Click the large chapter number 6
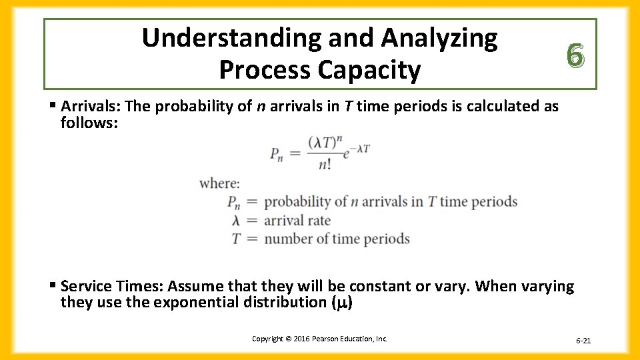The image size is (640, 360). [x=575, y=54]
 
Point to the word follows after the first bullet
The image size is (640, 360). [x=87, y=123]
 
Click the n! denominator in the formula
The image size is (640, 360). [x=325, y=164]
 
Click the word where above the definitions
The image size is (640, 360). [x=219, y=183]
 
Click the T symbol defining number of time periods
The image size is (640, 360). [x=235, y=239]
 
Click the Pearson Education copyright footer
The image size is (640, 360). [x=319, y=339]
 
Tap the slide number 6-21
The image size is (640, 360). [x=583, y=341]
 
